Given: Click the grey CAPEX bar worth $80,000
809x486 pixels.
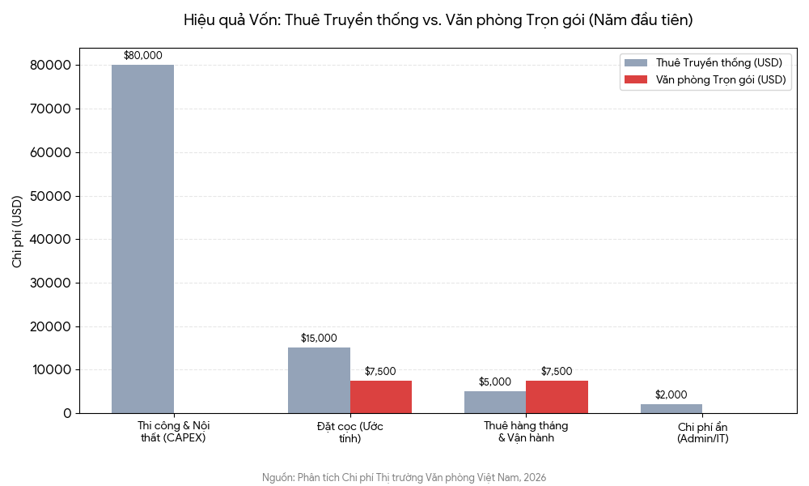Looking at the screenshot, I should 142,239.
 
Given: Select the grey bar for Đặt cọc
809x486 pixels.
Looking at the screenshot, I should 319,381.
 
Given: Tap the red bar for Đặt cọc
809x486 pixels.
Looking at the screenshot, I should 381,397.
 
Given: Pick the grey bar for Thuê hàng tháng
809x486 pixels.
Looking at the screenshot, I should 495,403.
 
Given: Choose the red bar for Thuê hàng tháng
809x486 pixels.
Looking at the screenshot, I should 557,397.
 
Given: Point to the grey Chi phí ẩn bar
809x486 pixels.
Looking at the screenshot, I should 671,409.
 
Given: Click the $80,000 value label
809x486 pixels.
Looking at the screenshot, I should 142,56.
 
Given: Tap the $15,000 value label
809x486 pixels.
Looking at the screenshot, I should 319,339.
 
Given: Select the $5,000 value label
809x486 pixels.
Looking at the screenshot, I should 495,382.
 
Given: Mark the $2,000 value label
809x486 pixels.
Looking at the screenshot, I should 671,395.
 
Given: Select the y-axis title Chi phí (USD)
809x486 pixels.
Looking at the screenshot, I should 17,232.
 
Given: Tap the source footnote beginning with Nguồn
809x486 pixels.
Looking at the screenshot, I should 404,478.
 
